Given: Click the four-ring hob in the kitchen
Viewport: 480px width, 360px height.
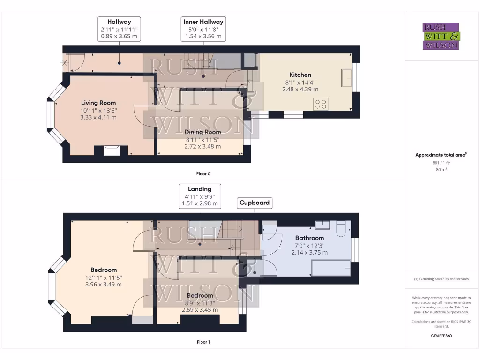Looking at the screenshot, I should coord(321,104).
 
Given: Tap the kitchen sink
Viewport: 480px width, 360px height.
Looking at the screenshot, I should coord(347,78).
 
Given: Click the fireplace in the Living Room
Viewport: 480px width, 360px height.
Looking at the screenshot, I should coord(111,150).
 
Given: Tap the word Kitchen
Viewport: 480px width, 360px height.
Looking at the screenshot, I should coord(300,75).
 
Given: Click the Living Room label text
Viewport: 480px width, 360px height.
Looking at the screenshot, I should coord(98,103).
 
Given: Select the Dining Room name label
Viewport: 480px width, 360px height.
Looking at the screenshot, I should coord(202,132).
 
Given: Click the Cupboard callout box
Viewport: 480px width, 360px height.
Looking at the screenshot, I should coord(255,202).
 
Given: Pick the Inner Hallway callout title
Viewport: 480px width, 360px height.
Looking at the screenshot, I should coord(203,22).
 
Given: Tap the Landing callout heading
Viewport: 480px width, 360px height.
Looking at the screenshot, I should coord(200,189).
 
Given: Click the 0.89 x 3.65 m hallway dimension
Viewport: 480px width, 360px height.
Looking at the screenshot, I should coord(119,36).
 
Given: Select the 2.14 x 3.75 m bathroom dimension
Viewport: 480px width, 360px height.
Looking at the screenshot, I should coord(309,252).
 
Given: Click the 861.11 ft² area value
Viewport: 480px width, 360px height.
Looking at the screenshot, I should coord(438,163).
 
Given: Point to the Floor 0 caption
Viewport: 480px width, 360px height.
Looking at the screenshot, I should coord(203,174).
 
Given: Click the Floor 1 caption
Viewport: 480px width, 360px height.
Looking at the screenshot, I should coord(203,342).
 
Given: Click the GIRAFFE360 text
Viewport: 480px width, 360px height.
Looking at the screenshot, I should coord(441,336).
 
